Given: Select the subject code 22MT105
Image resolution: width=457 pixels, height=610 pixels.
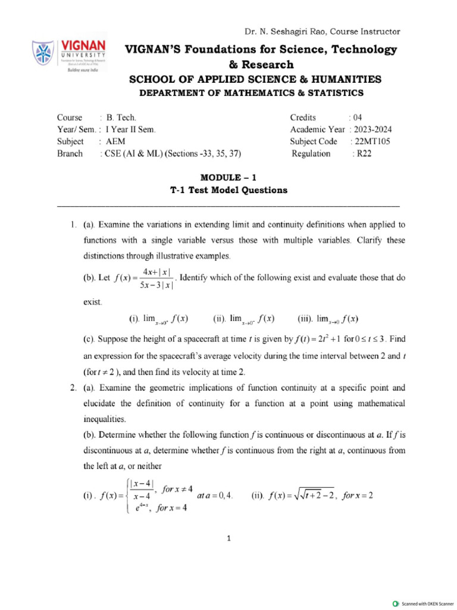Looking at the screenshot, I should pyautogui.click(x=372, y=142).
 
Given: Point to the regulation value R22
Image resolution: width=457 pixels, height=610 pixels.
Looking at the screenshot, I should pyautogui.click(x=363, y=154).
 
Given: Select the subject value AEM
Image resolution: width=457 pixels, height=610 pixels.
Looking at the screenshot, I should pyautogui.click(x=112, y=142).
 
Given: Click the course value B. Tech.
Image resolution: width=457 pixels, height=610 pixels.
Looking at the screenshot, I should pyautogui.click(x=122, y=118).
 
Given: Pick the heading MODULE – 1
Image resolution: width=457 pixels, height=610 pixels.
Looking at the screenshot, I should pyautogui.click(x=228, y=178).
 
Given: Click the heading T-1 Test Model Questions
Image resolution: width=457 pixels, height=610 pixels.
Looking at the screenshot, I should pyautogui.click(x=228, y=191).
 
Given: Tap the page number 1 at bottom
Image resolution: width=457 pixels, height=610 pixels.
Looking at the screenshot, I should pyautogui.click(x=228, y=540).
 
